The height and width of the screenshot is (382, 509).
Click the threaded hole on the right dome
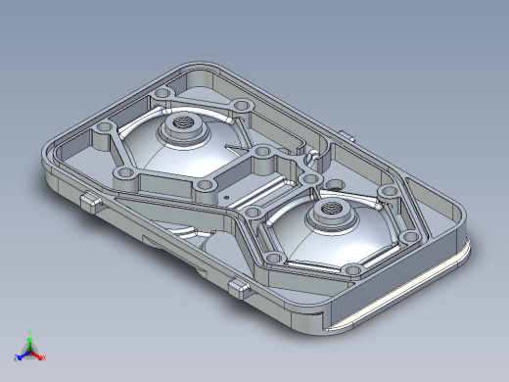[x=329, y=209]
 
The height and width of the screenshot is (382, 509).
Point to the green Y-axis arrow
[x=31, y=341]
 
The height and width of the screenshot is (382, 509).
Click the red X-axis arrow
[x=38, y=353]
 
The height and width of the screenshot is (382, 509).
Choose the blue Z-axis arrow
[x=23, y=354]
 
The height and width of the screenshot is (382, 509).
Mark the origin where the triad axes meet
[x=30, y=350]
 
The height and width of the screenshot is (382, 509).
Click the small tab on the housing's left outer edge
[x=90, y=202]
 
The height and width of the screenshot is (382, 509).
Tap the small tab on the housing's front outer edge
[x=239, y=285]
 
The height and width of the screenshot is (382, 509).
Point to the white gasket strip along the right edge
[x=411, y=288]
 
